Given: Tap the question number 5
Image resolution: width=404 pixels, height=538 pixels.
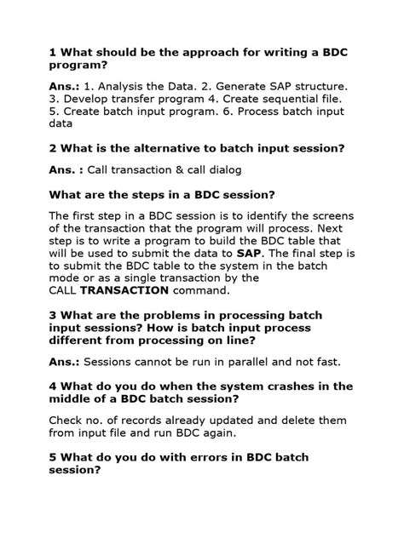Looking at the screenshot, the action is pyautogui.click(x=53, y=456).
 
